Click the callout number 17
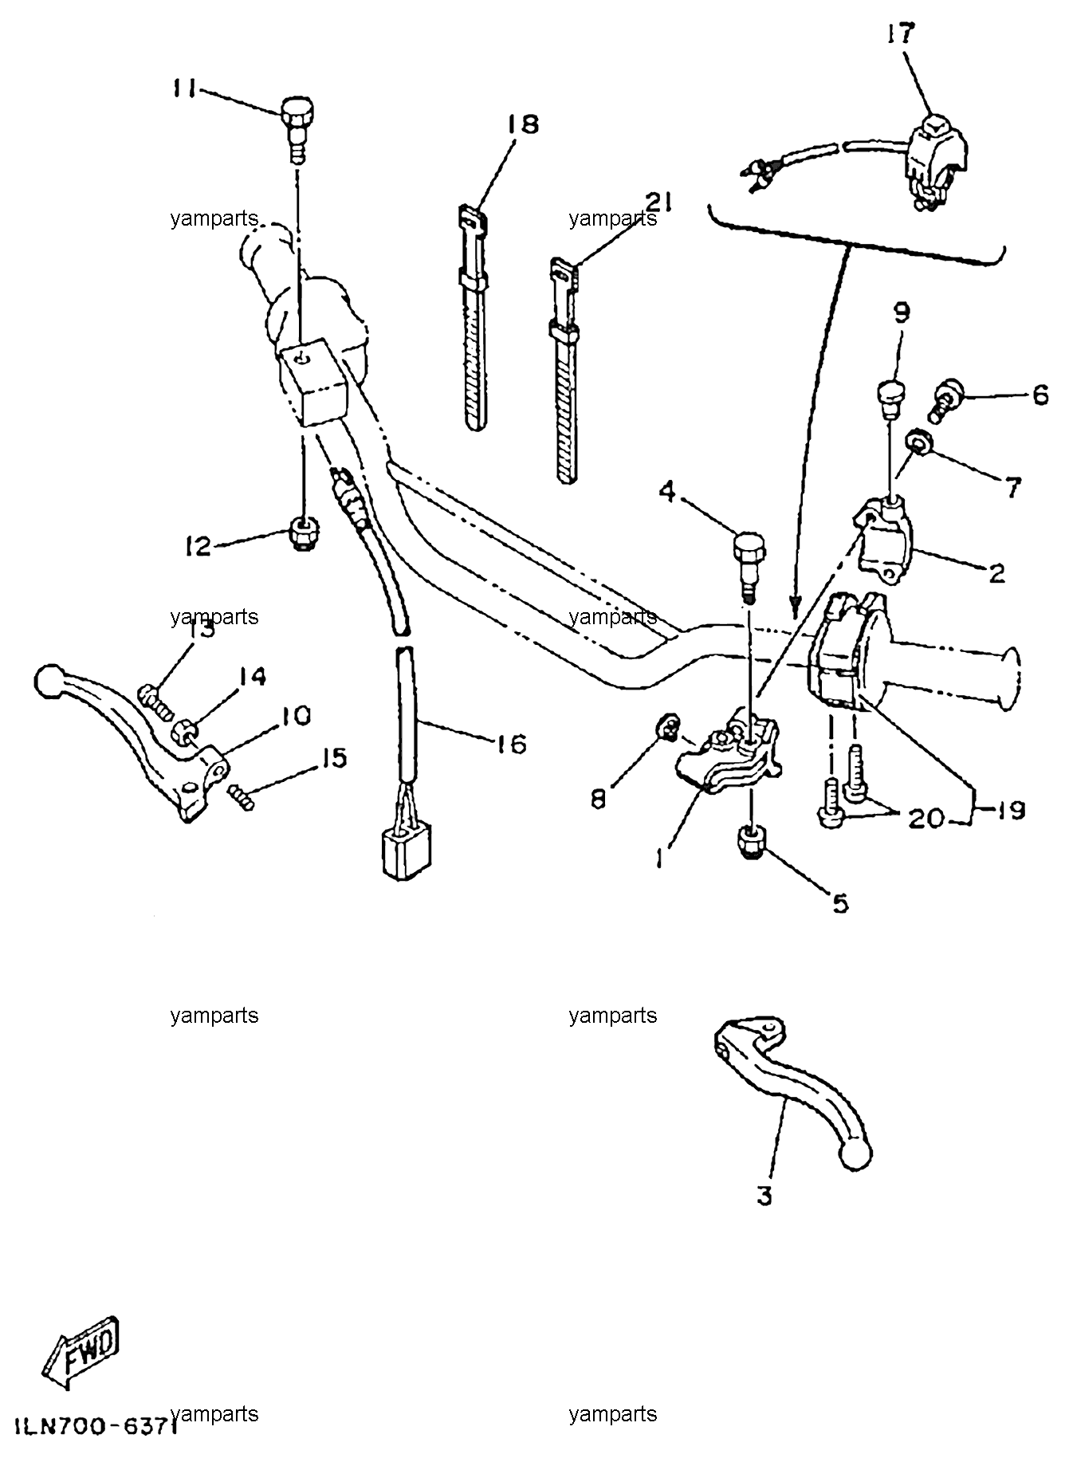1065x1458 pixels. coord(900,34)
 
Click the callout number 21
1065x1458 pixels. coord(658,202)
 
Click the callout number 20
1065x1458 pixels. coord(926,818)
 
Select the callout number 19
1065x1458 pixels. coord(1008,810)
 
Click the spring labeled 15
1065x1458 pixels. coord(242,796)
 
